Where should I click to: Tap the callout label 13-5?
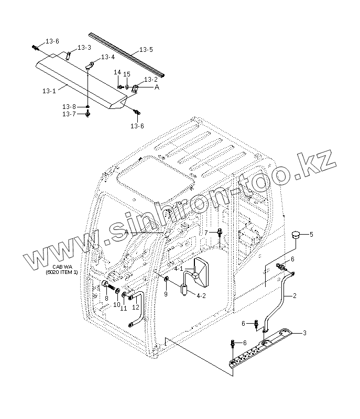pyautogui.click(x=146, y=50)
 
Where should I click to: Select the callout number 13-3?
pyautogui.click(x=84, y=48)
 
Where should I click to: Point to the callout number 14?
pyautogui.click(x=117, y=72)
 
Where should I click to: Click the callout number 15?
pyautogui.click(x=126, y=74)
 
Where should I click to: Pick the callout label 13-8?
pyautogui.click(x=69, y=106)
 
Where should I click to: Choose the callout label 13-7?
pyautogui.click(x=69, y=114)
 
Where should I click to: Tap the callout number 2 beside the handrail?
pyautogui.click(x=294, y=296)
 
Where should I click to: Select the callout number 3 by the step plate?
pyautogui.click(x=305, y=333)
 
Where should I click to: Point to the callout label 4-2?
pyautogui.click(x=201, y=295)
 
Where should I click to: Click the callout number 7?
pyautogui.click(x=206, y=232)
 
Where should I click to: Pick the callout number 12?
pyautogui.click(x=136, y=307)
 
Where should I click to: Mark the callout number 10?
pyautogui.click(x=117, y=304)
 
